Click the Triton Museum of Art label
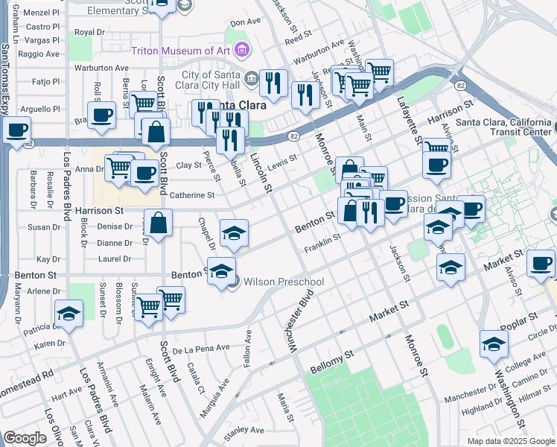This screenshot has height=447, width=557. point(182,51)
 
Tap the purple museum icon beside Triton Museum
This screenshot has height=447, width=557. point(241,50)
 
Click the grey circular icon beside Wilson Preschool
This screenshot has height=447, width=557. point(233,282)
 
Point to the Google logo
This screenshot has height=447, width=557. point(25,438)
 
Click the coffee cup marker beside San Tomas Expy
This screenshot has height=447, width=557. point(16,130)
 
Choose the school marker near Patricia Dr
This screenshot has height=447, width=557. point(69,314)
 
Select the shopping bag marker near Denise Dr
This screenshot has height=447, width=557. point(159,223)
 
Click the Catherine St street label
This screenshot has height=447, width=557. point(192,195)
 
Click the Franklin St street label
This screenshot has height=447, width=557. point(326,238)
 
